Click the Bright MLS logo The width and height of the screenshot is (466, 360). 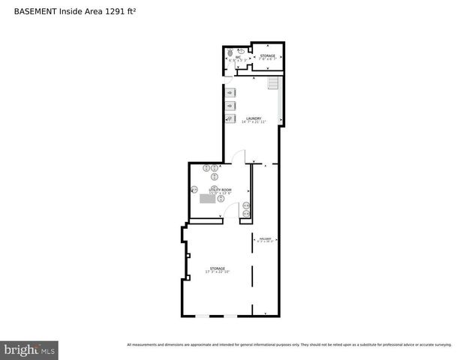tap(29, 349)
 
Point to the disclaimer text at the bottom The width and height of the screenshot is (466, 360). tap(289, 345)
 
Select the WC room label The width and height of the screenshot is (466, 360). tap(238, 56)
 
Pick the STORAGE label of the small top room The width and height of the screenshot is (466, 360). tap(268, 55)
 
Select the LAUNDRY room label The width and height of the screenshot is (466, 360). tap(254, 118)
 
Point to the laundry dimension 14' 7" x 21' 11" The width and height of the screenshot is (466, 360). tap(254, 122)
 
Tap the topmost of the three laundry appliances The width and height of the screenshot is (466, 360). tap(230, 92)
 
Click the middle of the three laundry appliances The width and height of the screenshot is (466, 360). tap(230, 106)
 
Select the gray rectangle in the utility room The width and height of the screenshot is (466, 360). tap(208, 199)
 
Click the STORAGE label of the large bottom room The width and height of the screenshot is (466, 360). tap(218, 268)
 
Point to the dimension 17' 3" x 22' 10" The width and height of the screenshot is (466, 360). tap(218, 271)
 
